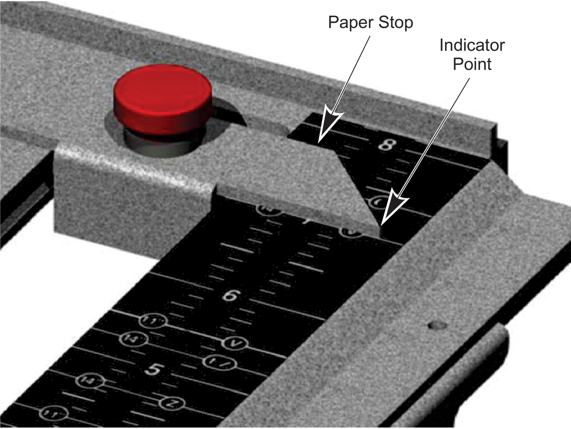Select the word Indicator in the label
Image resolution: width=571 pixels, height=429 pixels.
(x=472, y=45)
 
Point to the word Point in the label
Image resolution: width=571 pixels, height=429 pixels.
(x=472, y=64)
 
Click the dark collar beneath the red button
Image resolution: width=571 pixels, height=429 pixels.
(x=156, y=142)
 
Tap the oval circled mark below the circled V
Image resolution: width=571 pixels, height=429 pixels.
(x=219, y=362)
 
